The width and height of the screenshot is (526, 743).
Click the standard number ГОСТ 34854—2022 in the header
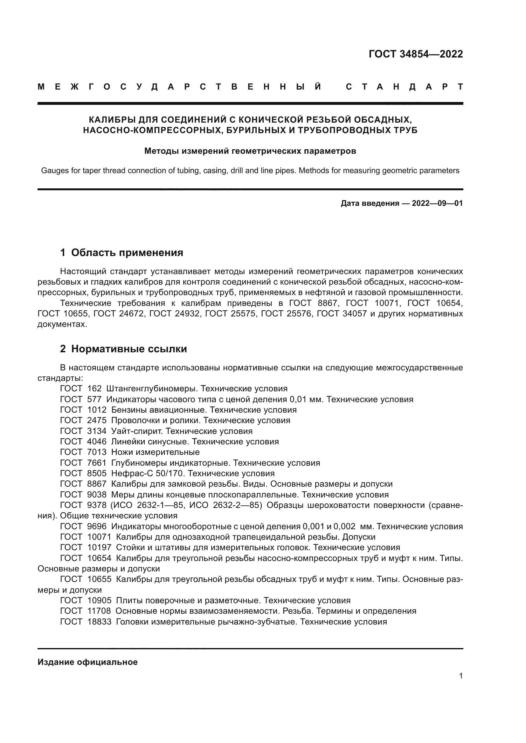416,54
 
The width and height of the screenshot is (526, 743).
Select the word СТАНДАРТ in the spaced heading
404,87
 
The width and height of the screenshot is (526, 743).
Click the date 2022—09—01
437,203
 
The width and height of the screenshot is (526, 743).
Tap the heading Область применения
127,253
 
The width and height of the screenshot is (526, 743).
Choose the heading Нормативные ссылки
129,349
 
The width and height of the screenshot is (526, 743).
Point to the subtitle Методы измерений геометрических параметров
250,151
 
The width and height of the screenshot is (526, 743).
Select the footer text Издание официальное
87,662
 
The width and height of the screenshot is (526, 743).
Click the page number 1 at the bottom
460,676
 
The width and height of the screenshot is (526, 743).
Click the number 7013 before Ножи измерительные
97,452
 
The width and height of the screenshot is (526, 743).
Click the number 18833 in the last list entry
99,622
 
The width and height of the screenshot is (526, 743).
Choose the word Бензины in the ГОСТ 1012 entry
127,410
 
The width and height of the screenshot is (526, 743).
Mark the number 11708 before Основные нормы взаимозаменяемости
99,611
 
